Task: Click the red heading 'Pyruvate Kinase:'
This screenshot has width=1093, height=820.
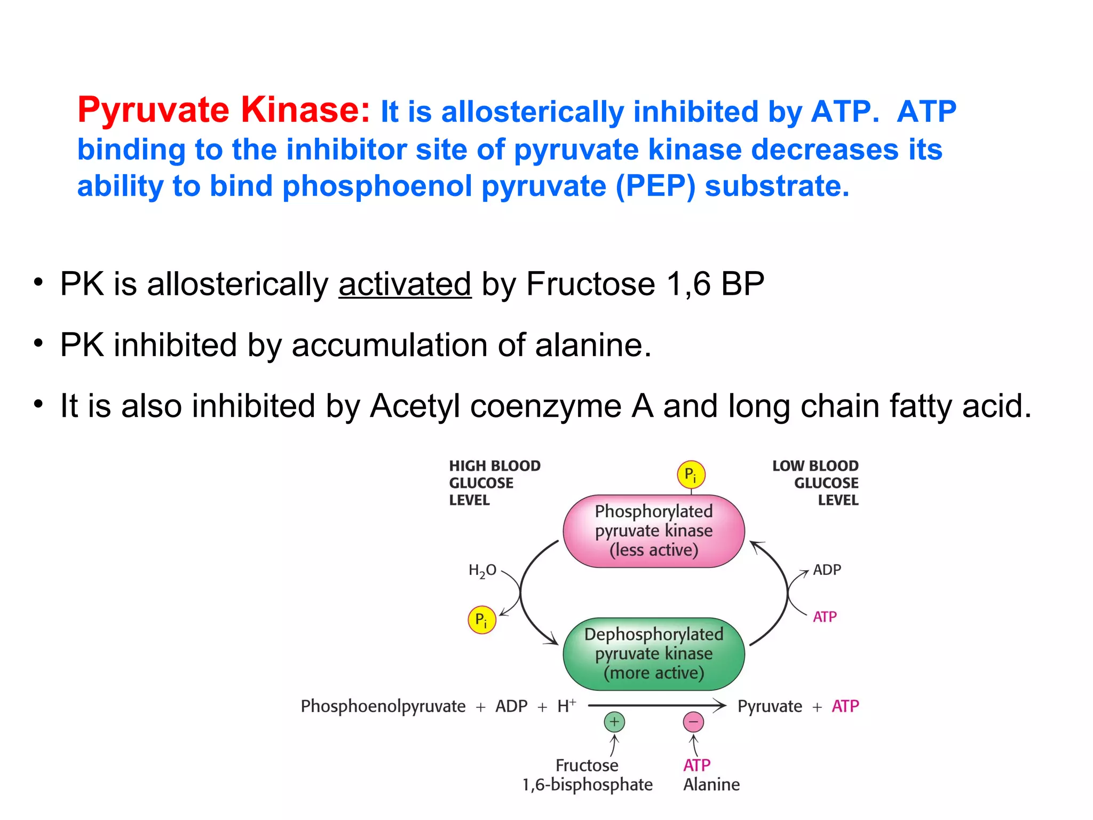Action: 224,110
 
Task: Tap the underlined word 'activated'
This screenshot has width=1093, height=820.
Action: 405,283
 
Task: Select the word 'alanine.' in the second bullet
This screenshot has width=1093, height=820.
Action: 593,345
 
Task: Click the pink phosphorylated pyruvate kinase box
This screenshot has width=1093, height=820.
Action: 653,531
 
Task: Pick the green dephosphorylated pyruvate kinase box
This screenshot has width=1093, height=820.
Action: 653,653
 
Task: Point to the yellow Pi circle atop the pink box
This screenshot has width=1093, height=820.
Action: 691,474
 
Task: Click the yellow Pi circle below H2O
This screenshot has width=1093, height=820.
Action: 481,620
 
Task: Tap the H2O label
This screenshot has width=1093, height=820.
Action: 482,571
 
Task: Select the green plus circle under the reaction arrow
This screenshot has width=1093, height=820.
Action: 614,722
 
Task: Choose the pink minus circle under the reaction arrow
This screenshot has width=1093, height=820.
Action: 693,722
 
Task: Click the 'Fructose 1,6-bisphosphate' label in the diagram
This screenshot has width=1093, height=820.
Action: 587,775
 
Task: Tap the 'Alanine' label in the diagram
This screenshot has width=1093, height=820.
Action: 711,785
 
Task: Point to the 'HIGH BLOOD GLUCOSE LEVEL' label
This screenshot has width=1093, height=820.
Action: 494,483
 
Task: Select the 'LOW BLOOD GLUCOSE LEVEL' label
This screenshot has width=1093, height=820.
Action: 815,483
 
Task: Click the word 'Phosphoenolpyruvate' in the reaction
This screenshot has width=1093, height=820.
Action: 383,706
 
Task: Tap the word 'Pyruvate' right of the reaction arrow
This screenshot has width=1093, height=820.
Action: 770,706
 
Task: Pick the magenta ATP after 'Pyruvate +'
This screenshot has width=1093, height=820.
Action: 845,706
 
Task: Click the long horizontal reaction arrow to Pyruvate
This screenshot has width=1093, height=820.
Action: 656,706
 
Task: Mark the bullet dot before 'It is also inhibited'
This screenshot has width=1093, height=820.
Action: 38,404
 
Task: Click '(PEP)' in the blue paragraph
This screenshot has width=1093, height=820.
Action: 655,186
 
